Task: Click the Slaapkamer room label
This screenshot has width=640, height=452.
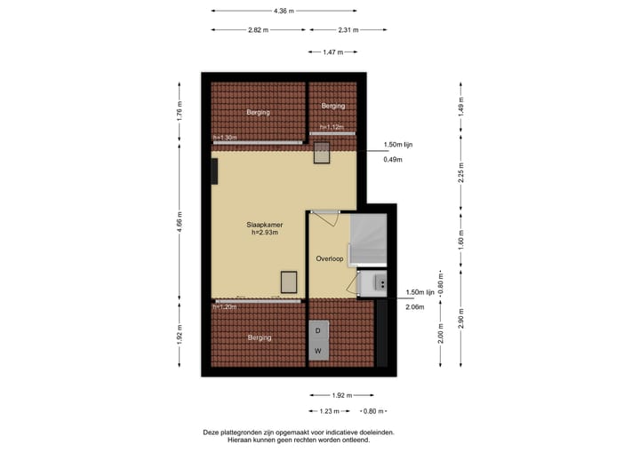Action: pyautogui.click(x=265, y=225)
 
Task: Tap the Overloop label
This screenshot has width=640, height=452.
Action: pyautogui.click(x=330, y=258)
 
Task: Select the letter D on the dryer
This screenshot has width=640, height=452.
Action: pyautogui.click(x=317, y=330)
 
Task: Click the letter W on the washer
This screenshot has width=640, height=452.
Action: pyautogui.click(x=317, y=351)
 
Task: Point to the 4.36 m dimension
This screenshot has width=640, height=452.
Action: pyautogui.click(x=284, y=11)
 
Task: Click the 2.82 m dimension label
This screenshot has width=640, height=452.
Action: pyautogui.click(x=259, y=29)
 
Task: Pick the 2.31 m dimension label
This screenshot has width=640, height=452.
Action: pyautogui.click(x=348, y=29)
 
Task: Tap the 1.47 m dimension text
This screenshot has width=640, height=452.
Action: pyautogui.click(x=332, y=52)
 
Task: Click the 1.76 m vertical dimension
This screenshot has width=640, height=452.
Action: pyautogui.click(x=180, y=113)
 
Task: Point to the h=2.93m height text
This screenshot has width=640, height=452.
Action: pyautogui.click(x=265, y=234)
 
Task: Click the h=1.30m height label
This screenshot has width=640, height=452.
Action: pyautogui.click(x=225, y=138)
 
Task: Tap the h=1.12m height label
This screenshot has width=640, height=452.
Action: pyautogui.click(x=332, y=127)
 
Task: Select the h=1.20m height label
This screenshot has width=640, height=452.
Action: pyautogui.click(x=225, y=306)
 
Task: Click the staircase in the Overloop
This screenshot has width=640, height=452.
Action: pyautogui.click(x=369, y=239)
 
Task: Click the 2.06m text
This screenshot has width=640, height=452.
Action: pyautogui.click(x=414, y=307)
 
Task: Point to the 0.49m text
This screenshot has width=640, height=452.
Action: pyautogui.click(x=392, y=160)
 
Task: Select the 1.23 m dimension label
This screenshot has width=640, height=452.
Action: pyautogui.click(x=330, y=411)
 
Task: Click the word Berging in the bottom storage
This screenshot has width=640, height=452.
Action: pyautogui.click(x=260, y=337)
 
